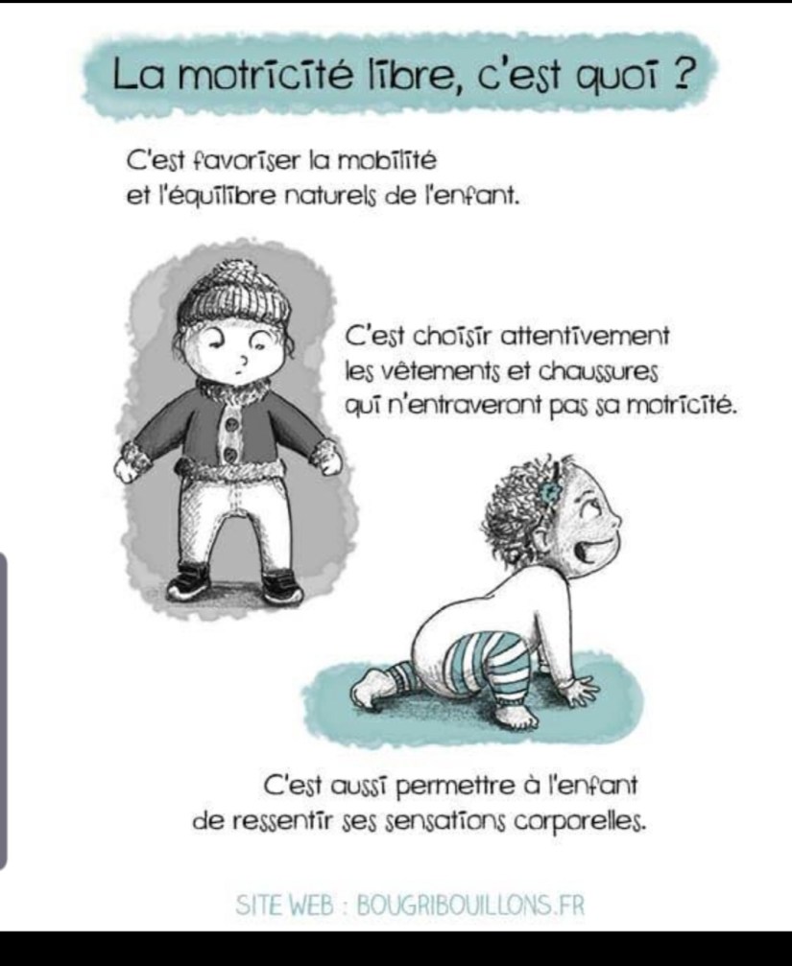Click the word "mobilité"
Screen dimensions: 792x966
388,161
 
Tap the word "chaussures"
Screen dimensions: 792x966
598,371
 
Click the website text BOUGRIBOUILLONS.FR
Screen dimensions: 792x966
470,906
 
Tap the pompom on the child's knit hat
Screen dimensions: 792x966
240,272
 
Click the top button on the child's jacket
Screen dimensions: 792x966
232,424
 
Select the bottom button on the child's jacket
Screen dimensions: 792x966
230,456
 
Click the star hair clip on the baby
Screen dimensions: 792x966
547,491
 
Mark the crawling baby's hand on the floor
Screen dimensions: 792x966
576,690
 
